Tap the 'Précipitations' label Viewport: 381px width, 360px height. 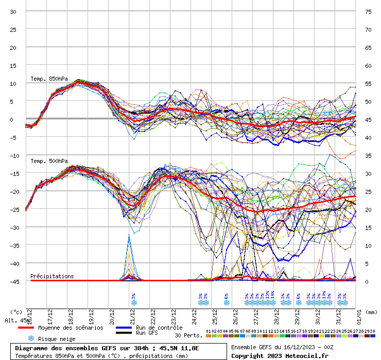point(52,276)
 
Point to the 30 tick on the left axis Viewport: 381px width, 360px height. point(13,11)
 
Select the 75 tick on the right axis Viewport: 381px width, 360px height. point(368,11)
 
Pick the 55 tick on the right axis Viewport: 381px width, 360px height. point(368,83)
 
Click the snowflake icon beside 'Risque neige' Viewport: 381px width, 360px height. point(30,338)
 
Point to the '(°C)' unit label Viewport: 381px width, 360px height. point(15,312)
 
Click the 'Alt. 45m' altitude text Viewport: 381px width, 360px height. point(15,320)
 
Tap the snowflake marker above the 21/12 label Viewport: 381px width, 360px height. point(134,302)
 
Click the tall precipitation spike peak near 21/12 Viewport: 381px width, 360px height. point(129,235)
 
